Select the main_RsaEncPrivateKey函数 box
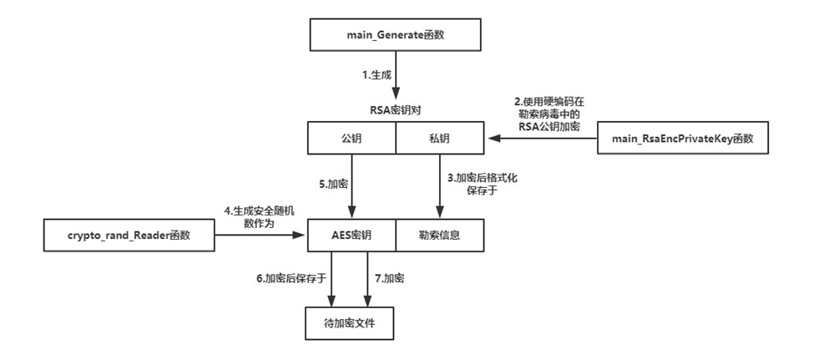click(x=682, y=139)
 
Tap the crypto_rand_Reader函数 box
click(x=129, y=236)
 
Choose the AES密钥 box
click(x=351, y=236)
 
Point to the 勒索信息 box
click(x=439, y=236)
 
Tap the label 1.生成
click(x=377, y=74)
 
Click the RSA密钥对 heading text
click(x=395, y=108)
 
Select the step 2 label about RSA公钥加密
click(x=547, y=114)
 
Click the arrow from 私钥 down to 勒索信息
click(x=439, y=188)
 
